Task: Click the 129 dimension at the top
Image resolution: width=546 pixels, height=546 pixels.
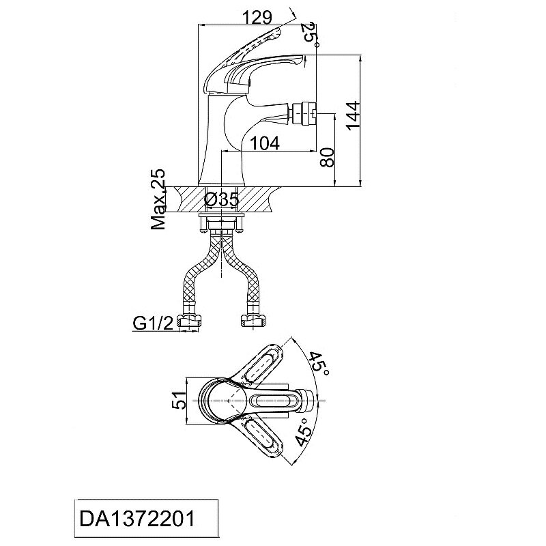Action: click(x=257, y=18)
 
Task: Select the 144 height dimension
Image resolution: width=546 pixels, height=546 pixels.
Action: click(x=354, y=116)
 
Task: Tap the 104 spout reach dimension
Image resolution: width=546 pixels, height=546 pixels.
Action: click(x=265, y=143)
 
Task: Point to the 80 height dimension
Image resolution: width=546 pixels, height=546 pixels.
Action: click(x=328, y=158)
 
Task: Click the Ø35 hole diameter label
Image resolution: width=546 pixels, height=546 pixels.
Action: click(x=221, y=199)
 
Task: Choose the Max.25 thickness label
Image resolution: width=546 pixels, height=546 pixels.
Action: click(x=158, y=199)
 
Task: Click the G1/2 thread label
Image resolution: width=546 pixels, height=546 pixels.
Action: click(x=153, y=324)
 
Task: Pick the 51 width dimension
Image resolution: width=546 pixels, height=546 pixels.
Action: click(x=179, y=400)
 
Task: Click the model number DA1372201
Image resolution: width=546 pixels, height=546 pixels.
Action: click(x=137, y=519)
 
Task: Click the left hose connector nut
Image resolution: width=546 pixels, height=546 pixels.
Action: click(x=188, y=320)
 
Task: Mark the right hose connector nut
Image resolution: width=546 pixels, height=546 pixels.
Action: click(x=253, y=320)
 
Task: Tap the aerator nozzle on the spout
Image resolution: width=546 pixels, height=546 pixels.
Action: click(x=304, y=113)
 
